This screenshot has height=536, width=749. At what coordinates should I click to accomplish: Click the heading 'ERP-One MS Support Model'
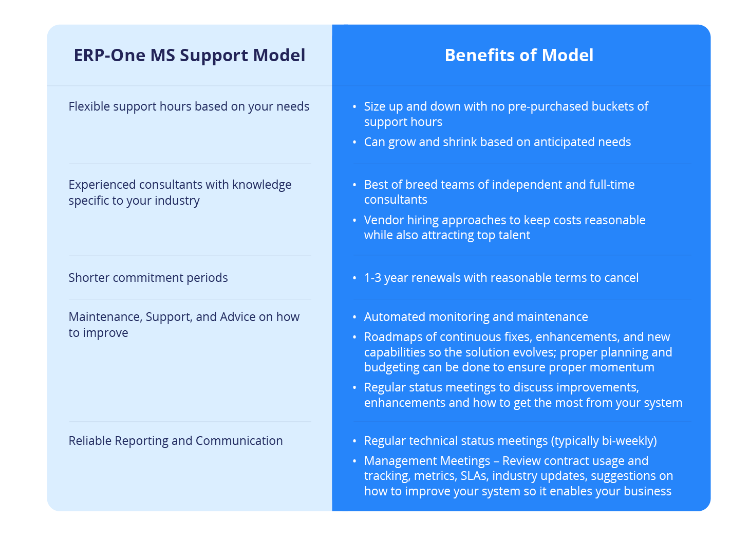pyautogui.click(x=189, y=56)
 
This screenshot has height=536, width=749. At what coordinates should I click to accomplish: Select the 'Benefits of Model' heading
pyautogui.click(x=519, y=56)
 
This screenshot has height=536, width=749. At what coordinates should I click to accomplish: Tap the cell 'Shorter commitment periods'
pyautogui.click(x=148, y=278)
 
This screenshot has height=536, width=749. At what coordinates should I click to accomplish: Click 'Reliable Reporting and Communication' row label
pyautogui.click(x=176, y=441)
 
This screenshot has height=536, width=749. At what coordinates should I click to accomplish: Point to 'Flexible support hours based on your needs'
pyautogui.click(x=189, y=106)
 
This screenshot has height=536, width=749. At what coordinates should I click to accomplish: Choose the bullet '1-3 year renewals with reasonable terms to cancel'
pyautogui.click(x=501, y=278)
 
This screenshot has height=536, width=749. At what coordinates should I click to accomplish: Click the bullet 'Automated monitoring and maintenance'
pyautogui.click(x=476, y=317)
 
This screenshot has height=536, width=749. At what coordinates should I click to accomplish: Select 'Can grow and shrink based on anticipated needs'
pyautogui.click(x=497, y=142)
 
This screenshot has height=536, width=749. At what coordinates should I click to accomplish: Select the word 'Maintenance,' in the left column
pyautogui.click(x=105, y=317)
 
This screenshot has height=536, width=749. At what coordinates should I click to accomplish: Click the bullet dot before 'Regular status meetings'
pyautogui.click(x=354, y=387)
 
